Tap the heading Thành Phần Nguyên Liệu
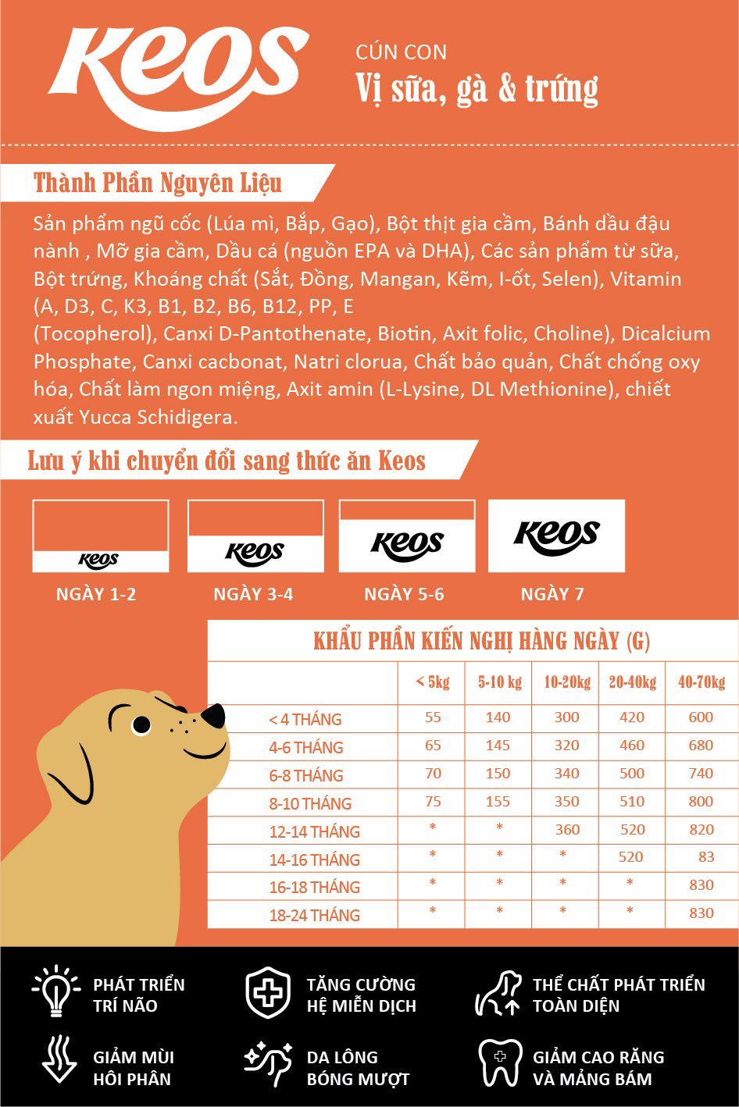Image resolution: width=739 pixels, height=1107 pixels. click(x=157, y=183)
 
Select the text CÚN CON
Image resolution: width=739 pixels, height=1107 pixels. click(x=401, y=52)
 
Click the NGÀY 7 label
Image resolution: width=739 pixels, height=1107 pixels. click(x=552, y=594)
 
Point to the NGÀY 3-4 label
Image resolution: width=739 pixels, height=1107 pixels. click(x=253, y=594)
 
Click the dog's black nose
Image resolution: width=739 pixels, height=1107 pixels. click(x=212, y=715)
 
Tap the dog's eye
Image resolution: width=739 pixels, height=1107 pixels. click(x=141, y=725)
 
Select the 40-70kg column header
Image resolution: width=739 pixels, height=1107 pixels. click(x=701, y=682)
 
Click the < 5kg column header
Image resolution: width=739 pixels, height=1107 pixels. click(x=432, y=682)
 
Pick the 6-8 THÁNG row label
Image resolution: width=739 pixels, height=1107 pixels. click(x=306, y=775)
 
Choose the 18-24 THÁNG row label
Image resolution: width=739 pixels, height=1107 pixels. click(x=314, y=915)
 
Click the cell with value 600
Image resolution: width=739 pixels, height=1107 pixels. click(x=701, y=717)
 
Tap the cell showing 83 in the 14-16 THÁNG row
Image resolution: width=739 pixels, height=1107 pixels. click(x=706, y=856)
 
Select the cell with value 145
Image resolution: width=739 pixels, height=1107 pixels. click(x=498, y=746)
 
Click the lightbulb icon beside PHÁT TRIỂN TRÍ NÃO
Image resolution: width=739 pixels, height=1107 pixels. click(x=55, y=991)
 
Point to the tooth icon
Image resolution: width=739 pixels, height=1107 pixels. click(x=500, y=1062)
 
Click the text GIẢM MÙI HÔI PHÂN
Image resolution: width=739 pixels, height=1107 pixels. click(x=133, y=1068)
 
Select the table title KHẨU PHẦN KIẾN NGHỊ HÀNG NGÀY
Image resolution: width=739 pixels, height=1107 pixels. click(x=481, y=642)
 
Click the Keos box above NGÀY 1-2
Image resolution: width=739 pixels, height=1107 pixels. click(x=100, y=536)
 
